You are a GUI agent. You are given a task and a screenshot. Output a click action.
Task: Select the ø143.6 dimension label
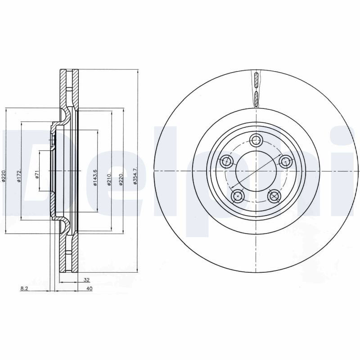[95, 178]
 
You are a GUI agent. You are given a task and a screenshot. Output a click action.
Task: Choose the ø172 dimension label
[19, 176]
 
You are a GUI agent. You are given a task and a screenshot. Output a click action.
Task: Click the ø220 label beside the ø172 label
[4, 176]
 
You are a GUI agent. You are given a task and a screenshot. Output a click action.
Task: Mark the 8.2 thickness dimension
[24, 288]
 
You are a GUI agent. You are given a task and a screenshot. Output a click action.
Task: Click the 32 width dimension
[86, 280]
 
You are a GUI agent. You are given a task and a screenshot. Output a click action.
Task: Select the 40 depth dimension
[90, 288]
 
